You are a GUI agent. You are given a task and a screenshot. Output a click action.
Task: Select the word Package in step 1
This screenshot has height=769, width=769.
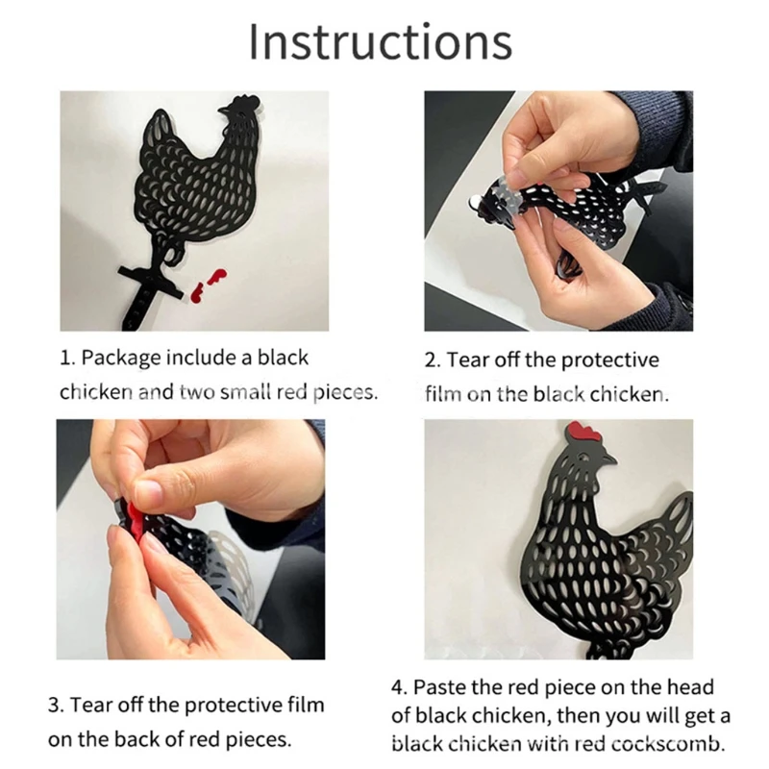121,358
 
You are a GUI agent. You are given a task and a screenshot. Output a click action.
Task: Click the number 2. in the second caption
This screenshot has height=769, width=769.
433,360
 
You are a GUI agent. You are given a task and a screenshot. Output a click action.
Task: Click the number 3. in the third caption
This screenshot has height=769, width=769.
56,706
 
